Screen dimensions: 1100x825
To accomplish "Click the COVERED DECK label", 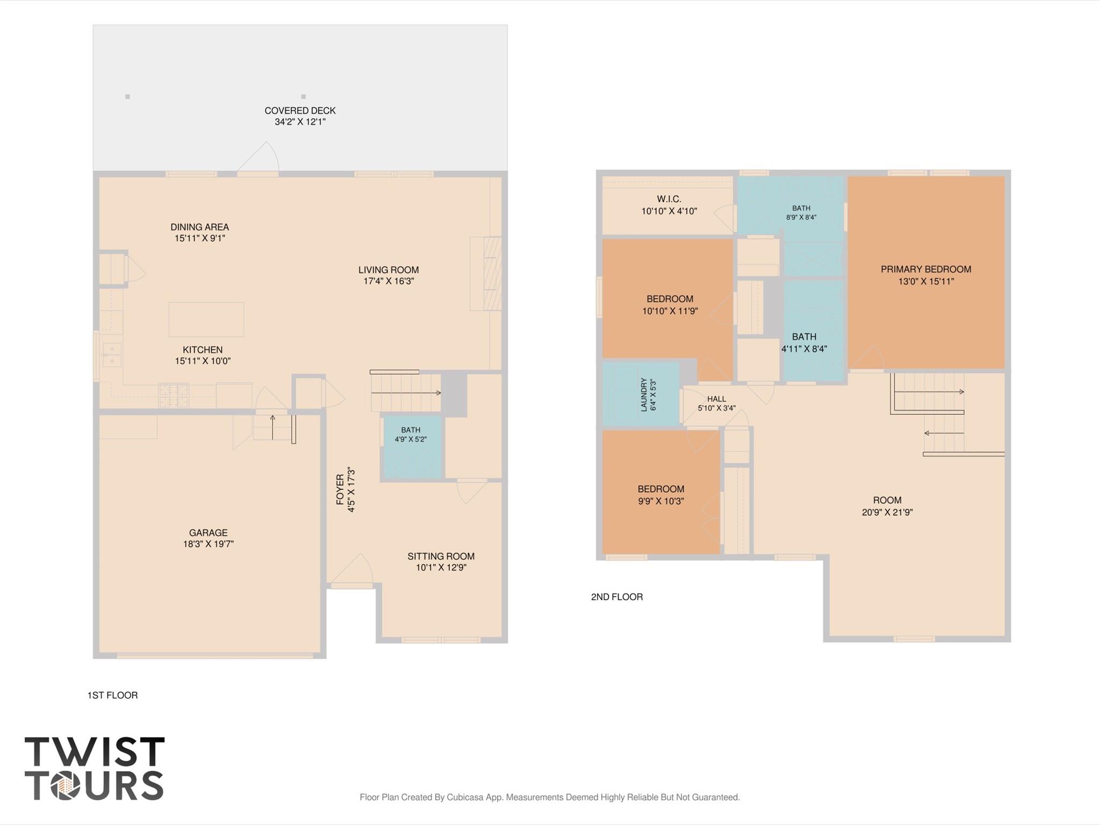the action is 300,111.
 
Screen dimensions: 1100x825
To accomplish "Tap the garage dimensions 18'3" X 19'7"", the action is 208,544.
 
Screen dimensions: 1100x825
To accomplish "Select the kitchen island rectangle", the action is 206,319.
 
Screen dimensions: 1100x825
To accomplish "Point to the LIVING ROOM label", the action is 389,270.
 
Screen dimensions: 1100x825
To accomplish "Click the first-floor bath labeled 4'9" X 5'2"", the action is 411,447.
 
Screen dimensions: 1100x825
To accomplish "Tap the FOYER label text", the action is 340,489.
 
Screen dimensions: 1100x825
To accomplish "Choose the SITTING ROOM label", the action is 441,556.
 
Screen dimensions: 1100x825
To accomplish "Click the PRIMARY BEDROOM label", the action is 926,269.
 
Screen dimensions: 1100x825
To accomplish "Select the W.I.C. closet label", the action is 669,199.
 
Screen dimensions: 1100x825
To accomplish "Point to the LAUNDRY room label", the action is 644,394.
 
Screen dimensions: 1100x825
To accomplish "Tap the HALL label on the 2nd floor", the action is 716,399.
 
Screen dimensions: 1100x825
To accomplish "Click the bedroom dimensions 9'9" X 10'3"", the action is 661,501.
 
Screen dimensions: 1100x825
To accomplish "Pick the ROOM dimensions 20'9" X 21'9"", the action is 887,512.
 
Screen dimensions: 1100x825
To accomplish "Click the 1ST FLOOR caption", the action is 112,695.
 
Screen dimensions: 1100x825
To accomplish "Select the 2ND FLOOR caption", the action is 617,597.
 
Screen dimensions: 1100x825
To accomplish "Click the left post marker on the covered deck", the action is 127,97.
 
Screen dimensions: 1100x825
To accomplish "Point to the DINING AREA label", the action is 200,227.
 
